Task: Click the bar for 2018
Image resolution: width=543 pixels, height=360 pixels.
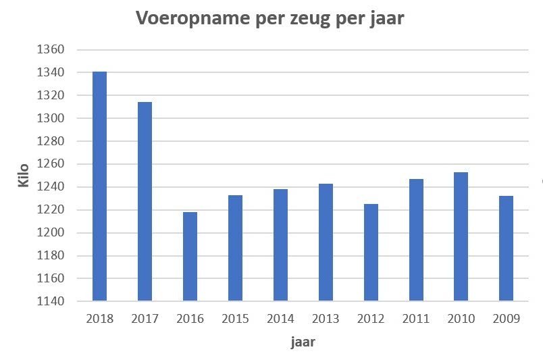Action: (100, 186)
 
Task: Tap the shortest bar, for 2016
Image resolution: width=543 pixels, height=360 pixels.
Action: (190, 257)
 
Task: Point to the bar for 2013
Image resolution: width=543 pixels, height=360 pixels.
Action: (326, 242)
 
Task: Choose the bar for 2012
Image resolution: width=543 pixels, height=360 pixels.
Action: (371, 252)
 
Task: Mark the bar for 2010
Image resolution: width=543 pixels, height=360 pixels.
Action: (461, 236)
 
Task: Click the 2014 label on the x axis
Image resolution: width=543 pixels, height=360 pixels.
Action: (280, 319)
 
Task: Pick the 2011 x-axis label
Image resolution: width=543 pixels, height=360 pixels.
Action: (415, 319)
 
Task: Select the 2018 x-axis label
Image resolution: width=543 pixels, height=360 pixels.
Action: (100, 319)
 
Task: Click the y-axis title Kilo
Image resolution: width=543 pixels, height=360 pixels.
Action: (24, 174)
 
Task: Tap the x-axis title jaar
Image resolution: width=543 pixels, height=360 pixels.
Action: (303, 342)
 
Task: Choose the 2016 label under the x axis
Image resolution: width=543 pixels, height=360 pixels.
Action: (190, 319)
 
